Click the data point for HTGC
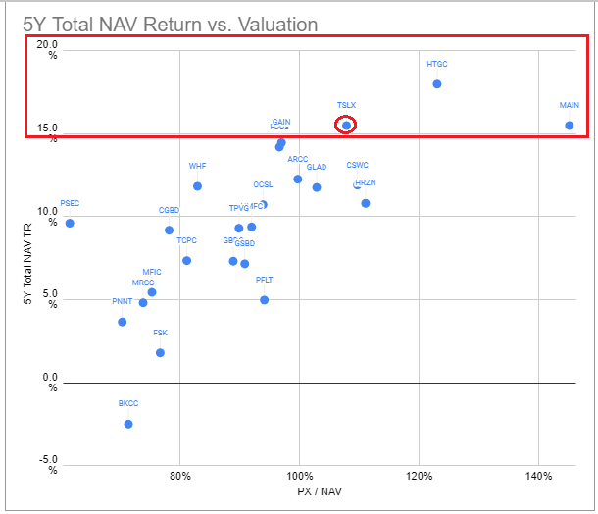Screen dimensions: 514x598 coord(437,84)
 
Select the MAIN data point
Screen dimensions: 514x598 coord(570,126)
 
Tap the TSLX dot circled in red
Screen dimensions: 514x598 coord(346,125)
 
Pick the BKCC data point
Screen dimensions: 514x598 coord(128,424)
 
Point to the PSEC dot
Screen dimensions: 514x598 coord(70,223)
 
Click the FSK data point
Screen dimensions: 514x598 coord(160,353)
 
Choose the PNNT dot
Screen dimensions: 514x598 coord(123,322)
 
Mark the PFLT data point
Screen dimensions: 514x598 coord(265,300)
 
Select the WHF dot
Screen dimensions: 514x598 coord(197,186)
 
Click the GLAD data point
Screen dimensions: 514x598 coord(317,187)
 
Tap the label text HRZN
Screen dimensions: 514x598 coord(366,182)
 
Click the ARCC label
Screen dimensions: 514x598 coord(298,159)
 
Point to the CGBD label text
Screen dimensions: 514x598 coord(170,210)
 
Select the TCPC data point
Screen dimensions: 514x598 coord(186,261)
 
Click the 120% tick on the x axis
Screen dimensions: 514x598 coord(419,476)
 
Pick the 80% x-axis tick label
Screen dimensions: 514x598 coord(179,476)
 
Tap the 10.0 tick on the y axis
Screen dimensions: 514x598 coord(46,211)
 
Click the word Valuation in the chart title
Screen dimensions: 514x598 coord(289,25)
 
